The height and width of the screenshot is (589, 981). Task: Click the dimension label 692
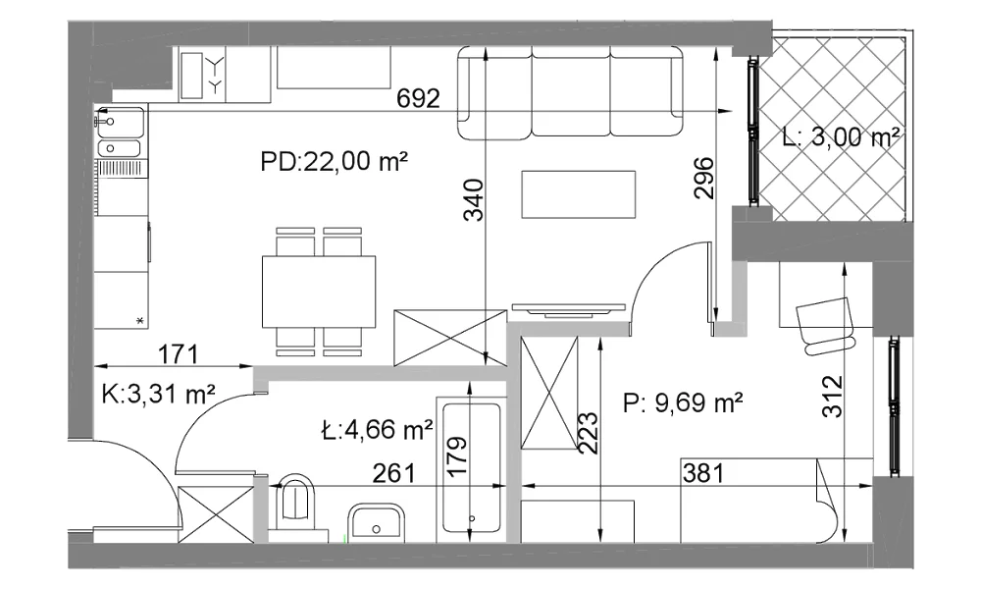tap(419, 98)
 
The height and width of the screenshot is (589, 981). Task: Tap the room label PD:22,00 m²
tap(335, 162)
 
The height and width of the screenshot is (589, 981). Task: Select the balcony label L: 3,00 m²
tap(842, 136)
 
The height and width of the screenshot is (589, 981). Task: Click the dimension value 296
tap(703, 178)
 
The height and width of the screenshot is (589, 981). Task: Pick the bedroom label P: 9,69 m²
tap(683, 403)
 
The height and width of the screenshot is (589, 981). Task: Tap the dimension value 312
tap(833, 397)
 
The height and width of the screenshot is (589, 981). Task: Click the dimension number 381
tap(703, 473)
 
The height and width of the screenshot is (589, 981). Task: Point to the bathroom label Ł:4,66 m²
tap(378, 430)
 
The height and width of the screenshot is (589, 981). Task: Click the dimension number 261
tap(394, 473)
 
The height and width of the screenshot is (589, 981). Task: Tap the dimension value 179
tap(458, 457)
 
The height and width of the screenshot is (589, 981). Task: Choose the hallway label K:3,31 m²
tap(159, 395)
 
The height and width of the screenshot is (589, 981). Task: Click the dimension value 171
tap(179, 354)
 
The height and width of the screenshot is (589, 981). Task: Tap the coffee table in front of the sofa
tap(579, 194)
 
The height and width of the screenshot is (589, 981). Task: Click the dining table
tap(319, 292)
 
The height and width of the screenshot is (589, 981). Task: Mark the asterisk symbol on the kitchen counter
tap(140, 321)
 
